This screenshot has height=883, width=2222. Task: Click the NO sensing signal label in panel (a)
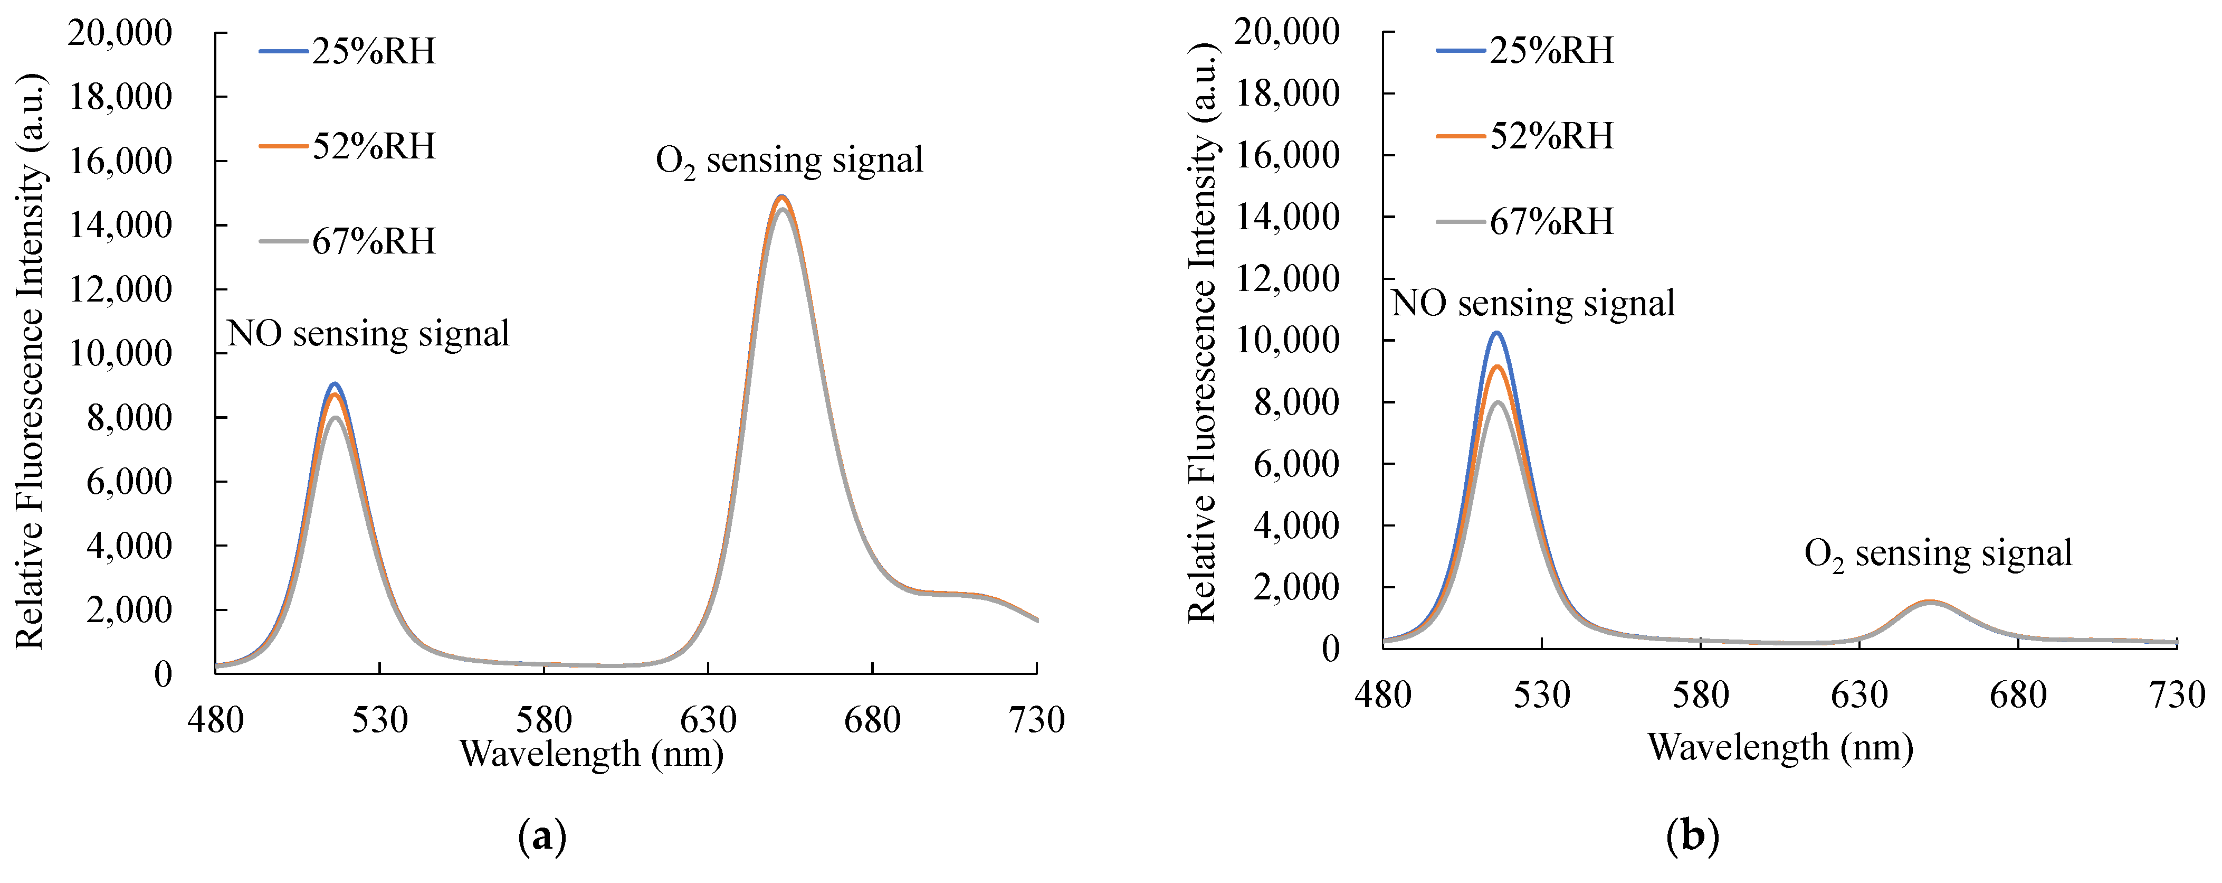point(368,334)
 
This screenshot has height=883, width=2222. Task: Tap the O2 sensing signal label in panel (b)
point(1938,554)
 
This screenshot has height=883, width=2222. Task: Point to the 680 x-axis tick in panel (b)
point(2018,695)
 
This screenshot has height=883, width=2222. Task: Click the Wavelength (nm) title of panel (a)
point(591,754)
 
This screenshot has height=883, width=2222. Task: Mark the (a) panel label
point(542,837)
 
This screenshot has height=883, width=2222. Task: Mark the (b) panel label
point(1692,837)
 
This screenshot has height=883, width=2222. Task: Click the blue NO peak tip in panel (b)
point(1496,333)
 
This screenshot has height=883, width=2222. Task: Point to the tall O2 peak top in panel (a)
point(781,197)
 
